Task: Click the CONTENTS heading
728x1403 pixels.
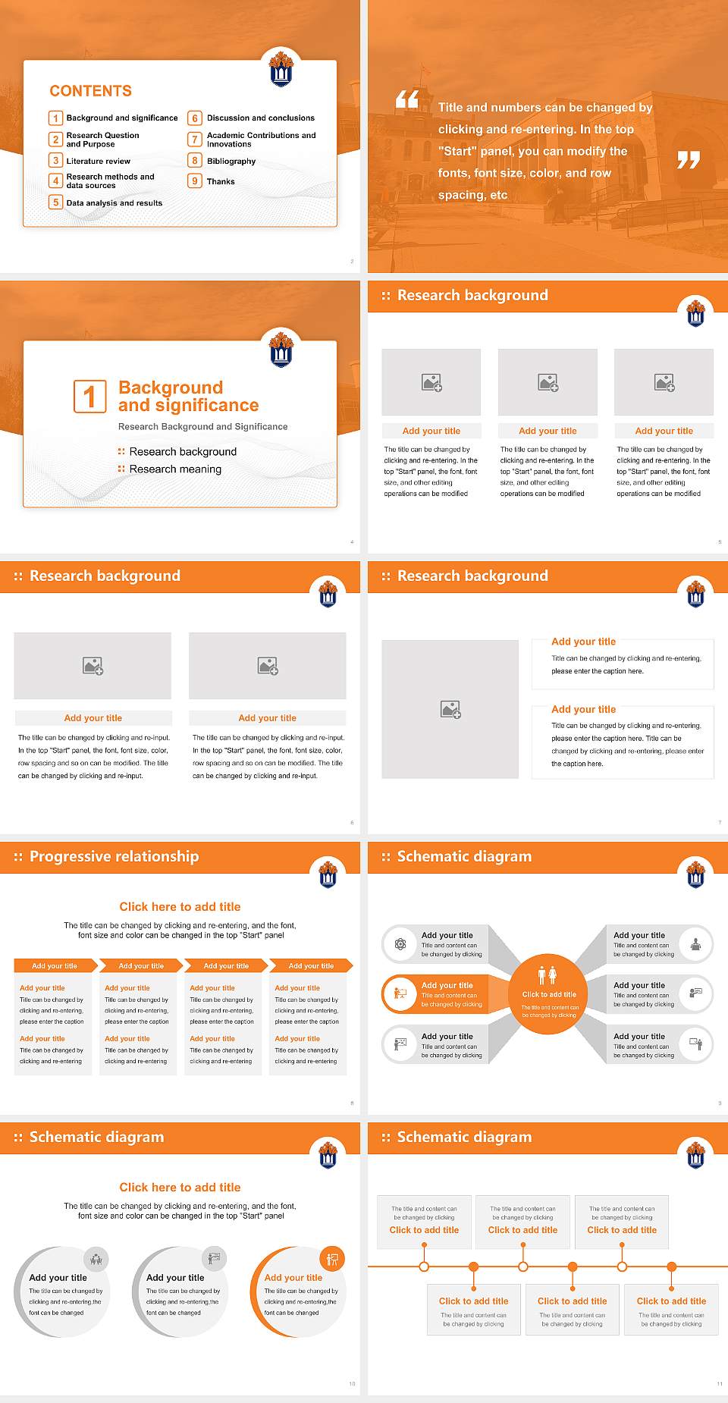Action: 90,91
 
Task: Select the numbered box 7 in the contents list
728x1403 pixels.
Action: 195,140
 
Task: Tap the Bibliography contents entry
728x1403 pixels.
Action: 231,161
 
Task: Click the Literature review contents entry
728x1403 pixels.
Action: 98,161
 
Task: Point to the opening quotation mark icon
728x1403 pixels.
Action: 407,99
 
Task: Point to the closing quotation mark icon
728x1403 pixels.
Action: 688,159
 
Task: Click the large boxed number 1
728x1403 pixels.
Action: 89,397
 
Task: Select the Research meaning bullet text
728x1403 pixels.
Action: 175,469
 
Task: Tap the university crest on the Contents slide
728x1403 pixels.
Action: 281,69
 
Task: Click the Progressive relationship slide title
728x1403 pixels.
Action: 114,856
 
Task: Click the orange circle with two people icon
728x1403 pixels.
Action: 548,993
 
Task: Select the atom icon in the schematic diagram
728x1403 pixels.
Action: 400,944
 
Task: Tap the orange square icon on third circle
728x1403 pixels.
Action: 332,1260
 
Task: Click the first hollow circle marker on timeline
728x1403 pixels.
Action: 424,1266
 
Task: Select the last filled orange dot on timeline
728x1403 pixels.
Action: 671,1266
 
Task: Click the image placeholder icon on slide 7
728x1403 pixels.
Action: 450,709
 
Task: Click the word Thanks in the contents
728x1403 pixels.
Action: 221,181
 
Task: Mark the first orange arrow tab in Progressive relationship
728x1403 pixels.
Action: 55,965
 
